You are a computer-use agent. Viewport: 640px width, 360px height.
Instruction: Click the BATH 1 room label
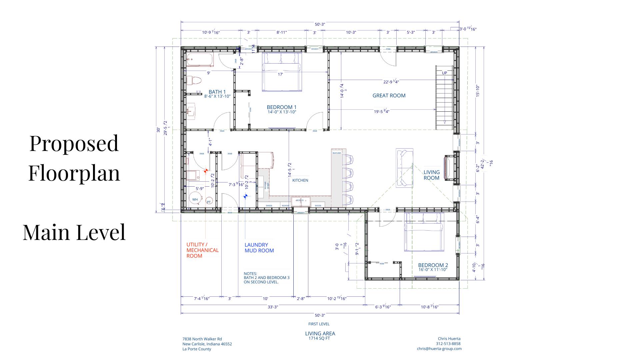click(217, 92)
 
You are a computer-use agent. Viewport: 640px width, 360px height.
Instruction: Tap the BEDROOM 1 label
click(281, 107)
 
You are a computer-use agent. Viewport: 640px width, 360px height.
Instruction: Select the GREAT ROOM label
click(389, 96)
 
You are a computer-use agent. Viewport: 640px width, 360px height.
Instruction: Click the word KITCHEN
click(300, 180)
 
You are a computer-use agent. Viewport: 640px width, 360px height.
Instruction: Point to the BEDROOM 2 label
click(433, 265)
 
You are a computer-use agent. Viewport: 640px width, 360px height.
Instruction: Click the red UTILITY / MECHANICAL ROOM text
click(202, 250)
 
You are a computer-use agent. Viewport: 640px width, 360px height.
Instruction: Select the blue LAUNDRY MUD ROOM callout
click(259, 248)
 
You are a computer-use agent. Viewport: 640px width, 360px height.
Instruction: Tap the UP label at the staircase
click(444, 73)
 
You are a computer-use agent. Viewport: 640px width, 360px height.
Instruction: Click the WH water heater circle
click(195, 199)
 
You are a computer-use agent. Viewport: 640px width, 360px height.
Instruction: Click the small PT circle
click(209, 202)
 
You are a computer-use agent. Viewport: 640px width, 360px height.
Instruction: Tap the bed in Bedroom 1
click(282, 71)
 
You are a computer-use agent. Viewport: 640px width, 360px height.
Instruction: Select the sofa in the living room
click(404, 168)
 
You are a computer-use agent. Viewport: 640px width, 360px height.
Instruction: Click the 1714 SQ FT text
click(319, 338)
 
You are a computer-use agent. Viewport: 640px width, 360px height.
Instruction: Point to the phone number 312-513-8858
click(448, 344)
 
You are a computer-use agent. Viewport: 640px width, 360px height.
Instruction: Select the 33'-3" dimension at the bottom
click(272, 307)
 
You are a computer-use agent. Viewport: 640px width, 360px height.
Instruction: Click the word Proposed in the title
click(74, 143)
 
